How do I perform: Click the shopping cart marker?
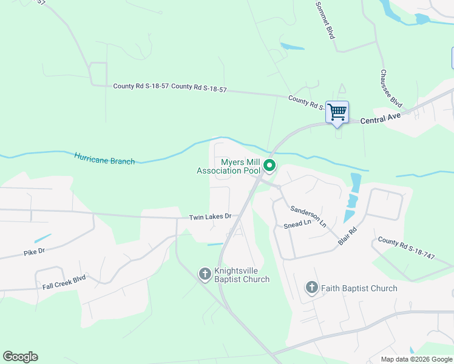pos(337,112)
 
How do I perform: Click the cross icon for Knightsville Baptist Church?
pos(205,274)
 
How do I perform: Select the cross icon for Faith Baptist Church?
pos(311,288)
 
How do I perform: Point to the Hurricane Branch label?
pos(104,158)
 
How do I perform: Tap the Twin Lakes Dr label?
pos(210,217)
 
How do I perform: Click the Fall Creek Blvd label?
pos(64,281)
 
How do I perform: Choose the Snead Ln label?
pos(297,223)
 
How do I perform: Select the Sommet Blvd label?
pos(325,20)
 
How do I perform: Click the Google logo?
pos(20,357)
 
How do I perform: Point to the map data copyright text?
pos(416,359)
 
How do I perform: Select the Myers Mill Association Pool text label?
pos(228,166)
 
